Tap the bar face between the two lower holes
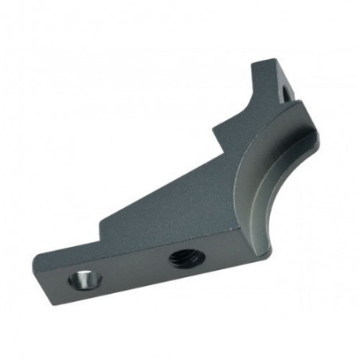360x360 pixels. tap(127, 270)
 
